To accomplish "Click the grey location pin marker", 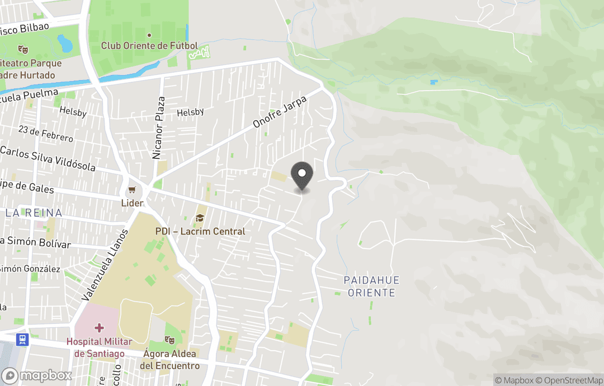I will click(303, 176).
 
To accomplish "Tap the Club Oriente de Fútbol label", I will click(149, 45).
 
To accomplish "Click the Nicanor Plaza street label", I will click(159, 128).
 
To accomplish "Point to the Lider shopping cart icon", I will click(132, 191).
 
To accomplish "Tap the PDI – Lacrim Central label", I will click(200, 231).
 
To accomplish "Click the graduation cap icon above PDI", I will click(200, 218).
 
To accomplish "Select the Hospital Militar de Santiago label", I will click(99, 347).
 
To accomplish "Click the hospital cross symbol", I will click(99, 327).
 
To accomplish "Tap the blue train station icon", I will click(22, 339).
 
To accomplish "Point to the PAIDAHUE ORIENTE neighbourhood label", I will click(372, 286).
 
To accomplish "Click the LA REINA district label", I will click(34, 213).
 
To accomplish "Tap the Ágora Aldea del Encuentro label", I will click(169, 359).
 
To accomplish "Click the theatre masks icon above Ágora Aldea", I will click(169, 340).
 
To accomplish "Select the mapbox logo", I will click(37, 375).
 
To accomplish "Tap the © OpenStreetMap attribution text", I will click(569, 380).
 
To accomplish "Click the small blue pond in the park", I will click(65, 43).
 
